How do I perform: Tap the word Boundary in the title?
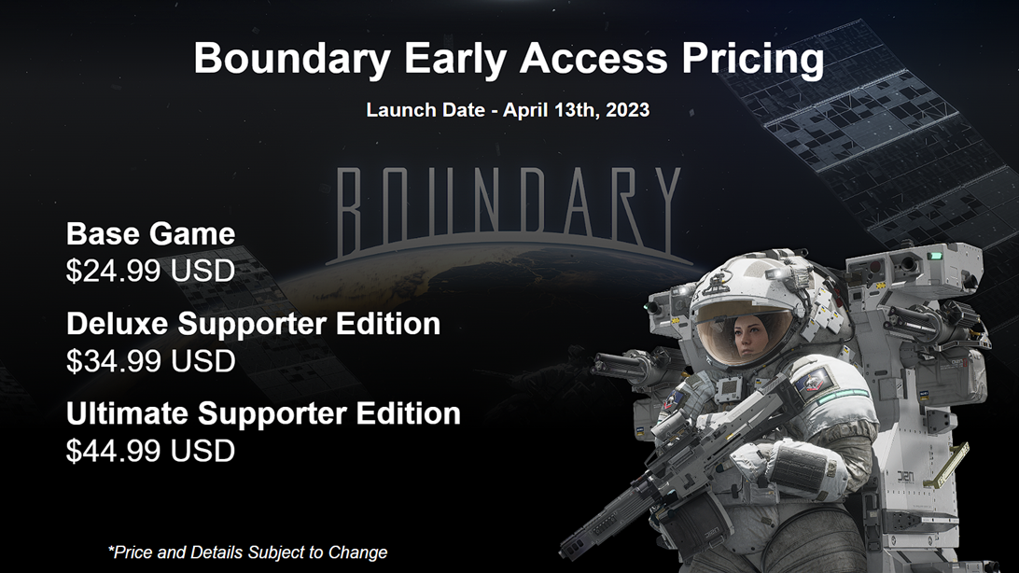point(292,59)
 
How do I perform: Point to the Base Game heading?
point(150,233)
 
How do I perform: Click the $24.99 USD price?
point(150,271)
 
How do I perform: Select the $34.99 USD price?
point(150,360)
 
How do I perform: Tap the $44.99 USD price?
point(150,451)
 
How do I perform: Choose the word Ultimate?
point(126,413)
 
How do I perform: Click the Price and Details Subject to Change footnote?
point(247,552)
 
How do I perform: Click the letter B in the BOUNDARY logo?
point(349,203)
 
